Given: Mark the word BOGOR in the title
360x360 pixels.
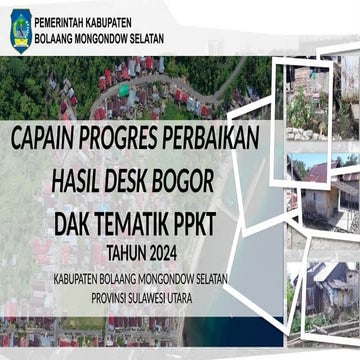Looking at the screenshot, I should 217,180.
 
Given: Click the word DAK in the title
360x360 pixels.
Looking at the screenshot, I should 89,218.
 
